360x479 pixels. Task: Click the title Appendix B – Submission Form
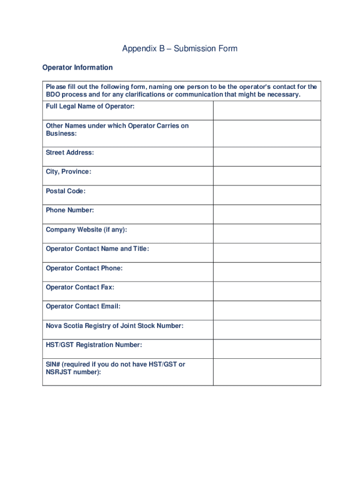180,49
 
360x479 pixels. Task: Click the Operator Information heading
77,68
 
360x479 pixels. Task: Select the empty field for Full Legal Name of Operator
267,110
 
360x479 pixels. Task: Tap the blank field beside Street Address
267,157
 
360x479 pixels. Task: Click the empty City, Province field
267,176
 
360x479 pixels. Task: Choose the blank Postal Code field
267,195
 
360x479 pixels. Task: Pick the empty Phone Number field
267,214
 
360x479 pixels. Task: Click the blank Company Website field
267,233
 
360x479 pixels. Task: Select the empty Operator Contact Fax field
267,291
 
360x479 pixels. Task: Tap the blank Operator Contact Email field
267,310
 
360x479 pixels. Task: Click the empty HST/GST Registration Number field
267,348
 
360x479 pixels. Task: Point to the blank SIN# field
267,372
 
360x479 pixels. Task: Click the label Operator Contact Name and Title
97,249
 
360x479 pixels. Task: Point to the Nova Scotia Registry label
115,326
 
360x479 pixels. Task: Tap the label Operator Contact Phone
84,268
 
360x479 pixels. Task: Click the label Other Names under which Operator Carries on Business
117,130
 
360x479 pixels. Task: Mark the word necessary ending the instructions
283,94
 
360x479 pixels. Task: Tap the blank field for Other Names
267,133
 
